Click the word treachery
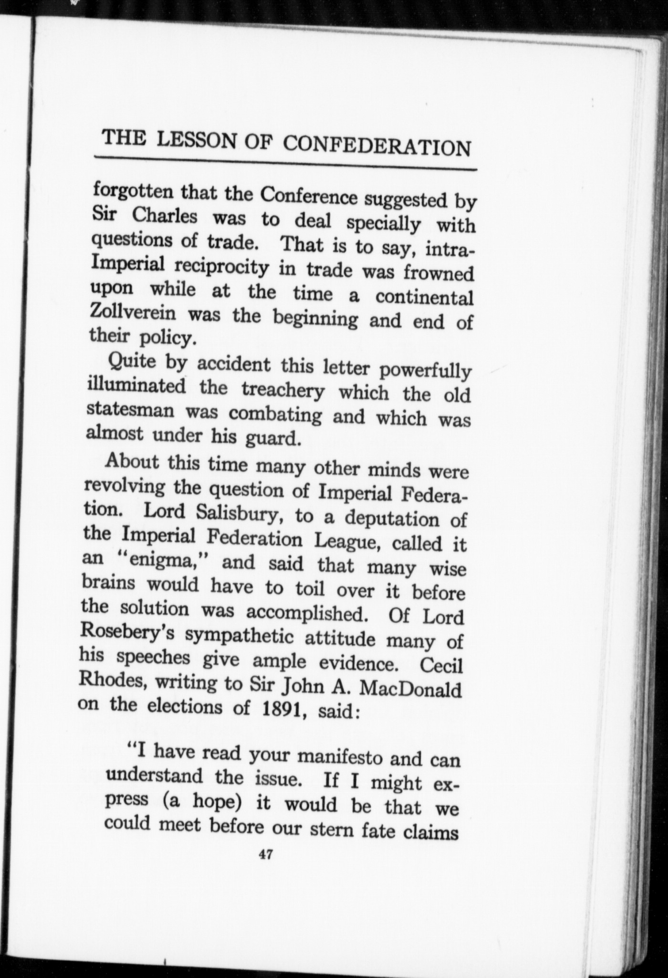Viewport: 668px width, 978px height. [x=283, y=391]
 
